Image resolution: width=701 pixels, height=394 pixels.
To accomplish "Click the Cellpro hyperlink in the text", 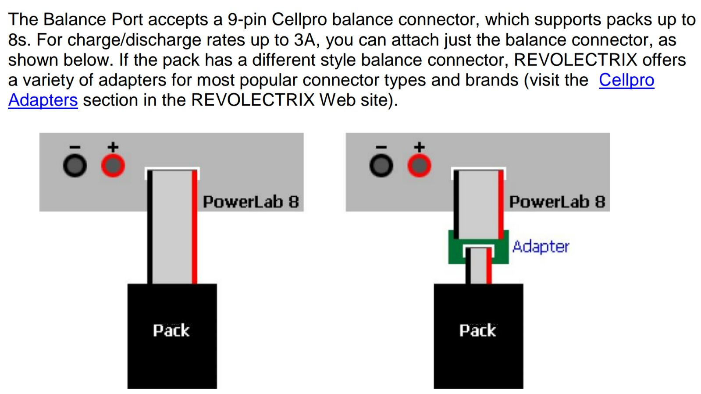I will click(626, 80).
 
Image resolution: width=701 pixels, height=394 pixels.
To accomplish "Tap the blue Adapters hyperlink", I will click(43, 100).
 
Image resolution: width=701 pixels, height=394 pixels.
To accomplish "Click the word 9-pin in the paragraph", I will click(247, 20).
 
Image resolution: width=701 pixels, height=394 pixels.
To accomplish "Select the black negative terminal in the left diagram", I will click(75, 166).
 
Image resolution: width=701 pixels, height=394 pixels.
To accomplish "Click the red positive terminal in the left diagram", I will click(113, 166).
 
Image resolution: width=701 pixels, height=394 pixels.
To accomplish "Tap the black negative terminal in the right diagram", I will click(381, 166).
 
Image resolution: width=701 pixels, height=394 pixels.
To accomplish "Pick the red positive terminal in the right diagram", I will click(420, 166).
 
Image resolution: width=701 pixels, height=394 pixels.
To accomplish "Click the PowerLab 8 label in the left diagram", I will click(251, 202).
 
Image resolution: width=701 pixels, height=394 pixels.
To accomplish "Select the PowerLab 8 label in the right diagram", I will click(557, 202).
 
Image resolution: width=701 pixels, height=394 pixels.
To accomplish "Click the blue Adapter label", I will click(541, 247).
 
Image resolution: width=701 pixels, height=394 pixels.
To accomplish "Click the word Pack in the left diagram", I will click(171, 330).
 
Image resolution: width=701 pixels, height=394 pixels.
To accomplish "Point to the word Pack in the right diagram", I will click(478, 330).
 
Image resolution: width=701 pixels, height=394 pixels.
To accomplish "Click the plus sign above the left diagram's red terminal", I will click(113, 147).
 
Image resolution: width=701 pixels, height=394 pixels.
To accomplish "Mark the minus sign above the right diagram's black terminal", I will click(381, 147).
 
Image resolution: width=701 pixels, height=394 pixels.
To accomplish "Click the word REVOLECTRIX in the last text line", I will click(253, 100).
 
